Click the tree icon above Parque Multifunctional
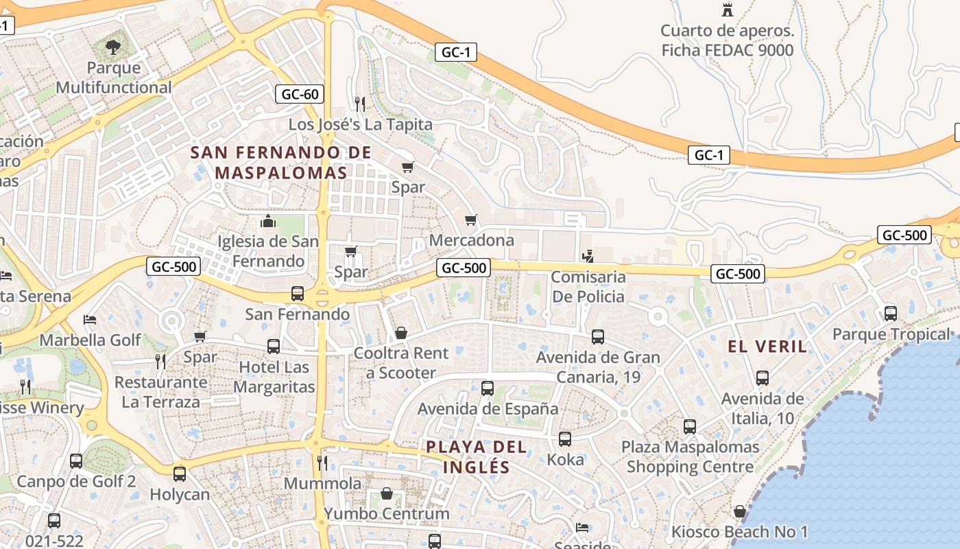pos(113,47)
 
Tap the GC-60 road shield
pos(300,94)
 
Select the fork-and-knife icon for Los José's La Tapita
pos(360,104)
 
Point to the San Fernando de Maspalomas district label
pos(281,163)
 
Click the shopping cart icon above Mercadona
pos(470,220)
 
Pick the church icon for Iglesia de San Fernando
pos(267,221)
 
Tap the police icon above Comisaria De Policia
pos(588,257)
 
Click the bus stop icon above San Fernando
pos(298,294)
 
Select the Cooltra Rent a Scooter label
pos(401,363)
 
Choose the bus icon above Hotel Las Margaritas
pos(273,347)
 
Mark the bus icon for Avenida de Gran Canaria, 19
pos(598,337)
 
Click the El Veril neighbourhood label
pos(767,347)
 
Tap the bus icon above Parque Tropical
pos(891,314)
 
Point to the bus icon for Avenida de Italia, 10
pos(762,378)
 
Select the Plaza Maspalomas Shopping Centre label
pos(690,457)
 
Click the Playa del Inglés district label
pos(477,457)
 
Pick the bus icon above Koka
pos(565,439)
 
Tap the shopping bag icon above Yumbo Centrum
pos(387,494)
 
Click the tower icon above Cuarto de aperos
pos(728,10)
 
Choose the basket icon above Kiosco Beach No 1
pos(739,511)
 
